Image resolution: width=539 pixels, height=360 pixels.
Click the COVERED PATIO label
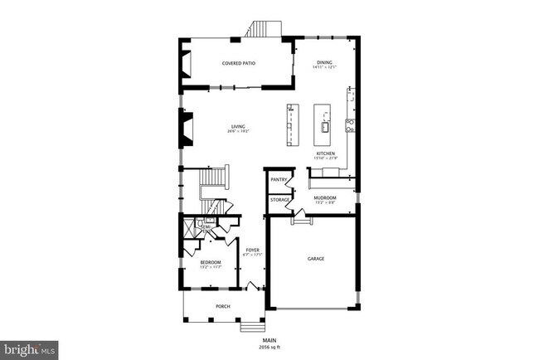(x=237, y=63)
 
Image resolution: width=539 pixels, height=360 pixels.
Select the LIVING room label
(x=239, y=127)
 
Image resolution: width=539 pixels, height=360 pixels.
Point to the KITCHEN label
(x=324, y=154)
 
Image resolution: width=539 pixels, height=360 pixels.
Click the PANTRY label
(x=279, y=179)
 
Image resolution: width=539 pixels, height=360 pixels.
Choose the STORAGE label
(x=279, y=199)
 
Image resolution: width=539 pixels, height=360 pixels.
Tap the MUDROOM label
(x=323, y=197)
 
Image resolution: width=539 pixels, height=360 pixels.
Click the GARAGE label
(x=315, y=259)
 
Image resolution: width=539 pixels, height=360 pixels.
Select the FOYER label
(x=252, y=250)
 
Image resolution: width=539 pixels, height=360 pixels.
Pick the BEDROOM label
(x=210, y=262)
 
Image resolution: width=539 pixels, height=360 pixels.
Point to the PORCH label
(x=222, y=306)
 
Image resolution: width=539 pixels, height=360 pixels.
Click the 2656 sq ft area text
(x=269, y=348)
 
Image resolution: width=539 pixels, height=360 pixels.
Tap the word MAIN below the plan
(x=269, y=340)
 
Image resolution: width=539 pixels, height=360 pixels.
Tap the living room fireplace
(x=182, y=127)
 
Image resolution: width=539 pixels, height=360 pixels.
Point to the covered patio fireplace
(x=186, y=63)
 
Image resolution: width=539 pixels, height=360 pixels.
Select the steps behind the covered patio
(x=265, y=31)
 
